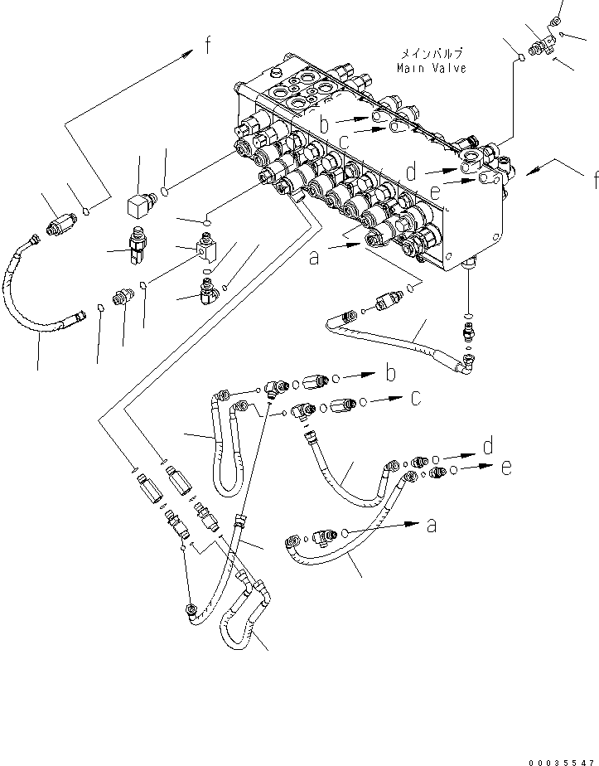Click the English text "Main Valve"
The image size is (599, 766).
pyautogui.click(x=430, y=68)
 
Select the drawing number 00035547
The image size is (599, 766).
pyautogui.click(x=560, y=759)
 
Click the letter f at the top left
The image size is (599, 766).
pyautogui.click(x=208, y=46)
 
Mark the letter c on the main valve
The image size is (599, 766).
pyautogui.click(x=342, y=142)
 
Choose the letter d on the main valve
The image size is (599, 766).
pyautogui.click(x=411, y=174)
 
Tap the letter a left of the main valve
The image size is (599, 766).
pyautogui.click(x=313, y=259)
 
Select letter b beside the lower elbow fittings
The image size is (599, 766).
pyautogui.click(x=389, y=375)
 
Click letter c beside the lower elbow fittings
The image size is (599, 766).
pyautogui.click(x=416, y=400)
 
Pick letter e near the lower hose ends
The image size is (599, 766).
pyautogui.click(x=505, y=468)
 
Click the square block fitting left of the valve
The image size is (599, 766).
pyautogui.click(x=138, y=203)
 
